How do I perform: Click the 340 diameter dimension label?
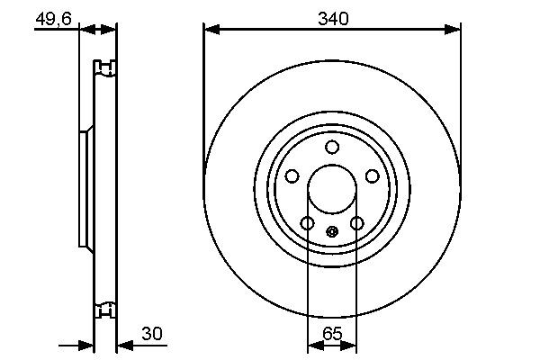tap(332, 17)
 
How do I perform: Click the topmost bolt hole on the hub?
tap(332, 148)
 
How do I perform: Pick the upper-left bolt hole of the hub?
tap(291, 177)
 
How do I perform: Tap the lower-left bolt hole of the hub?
tap(307, 223)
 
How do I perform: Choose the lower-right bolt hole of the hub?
tap(357, 223)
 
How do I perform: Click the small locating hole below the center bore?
tap(332, 232)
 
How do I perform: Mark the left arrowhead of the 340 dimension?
tap(211, 30)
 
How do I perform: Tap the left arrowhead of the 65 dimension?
tap(314, 345)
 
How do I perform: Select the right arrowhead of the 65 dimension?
tap(351, 345)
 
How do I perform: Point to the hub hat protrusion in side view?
tap(85, 190)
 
